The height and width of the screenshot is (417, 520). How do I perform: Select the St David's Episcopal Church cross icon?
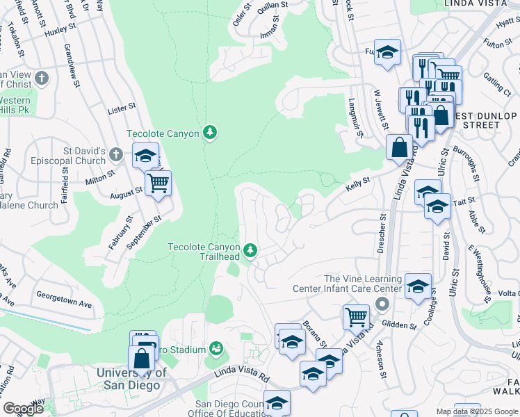click(x=116, y=153)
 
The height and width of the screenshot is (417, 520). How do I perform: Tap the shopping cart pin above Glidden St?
click(x=356, y=317)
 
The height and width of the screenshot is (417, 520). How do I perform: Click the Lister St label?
click(x=122, y=109)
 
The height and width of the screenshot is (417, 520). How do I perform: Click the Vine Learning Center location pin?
click(x=380, y=304)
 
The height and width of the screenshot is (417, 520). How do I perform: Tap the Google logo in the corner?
click(x=23, y=409)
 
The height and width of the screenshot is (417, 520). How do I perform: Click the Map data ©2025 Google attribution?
click(x=477, y=411)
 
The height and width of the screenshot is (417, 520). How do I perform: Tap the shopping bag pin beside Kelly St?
click(x=400, y=147)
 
